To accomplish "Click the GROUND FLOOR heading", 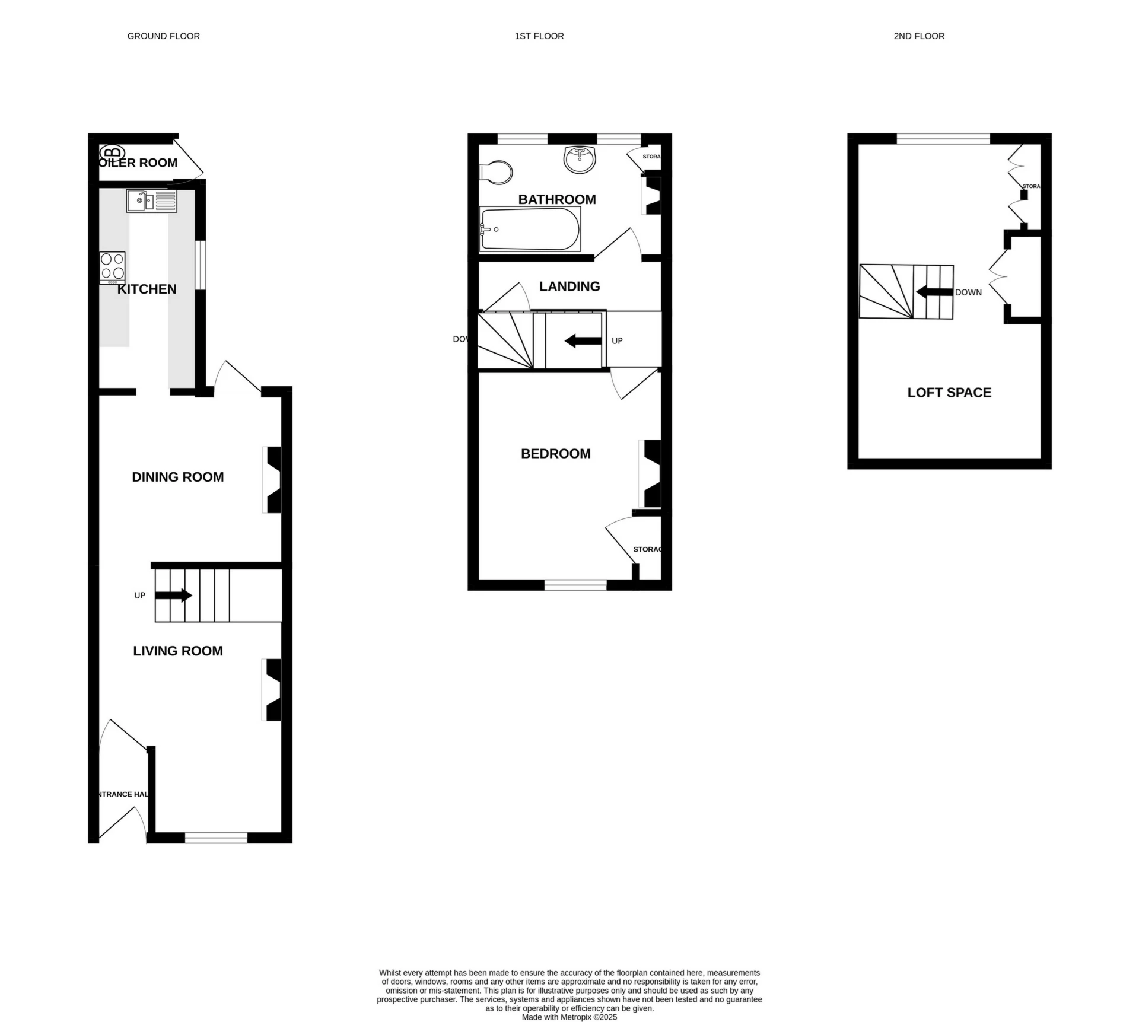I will click(x=163, y=36).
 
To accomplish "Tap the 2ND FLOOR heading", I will click(x=918, y=36).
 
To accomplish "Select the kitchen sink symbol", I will click(x=151, y=201).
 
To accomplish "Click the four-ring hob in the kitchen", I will click(x=112, y=266).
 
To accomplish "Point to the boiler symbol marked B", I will click(x=112, y=152).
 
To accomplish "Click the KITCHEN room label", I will click(x=147, y=289).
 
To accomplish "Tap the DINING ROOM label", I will click(x=177, y=477).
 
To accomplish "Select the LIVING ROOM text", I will click(x=177, y=651).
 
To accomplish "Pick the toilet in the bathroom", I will click(x=495, y=173).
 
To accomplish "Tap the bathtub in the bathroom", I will click(x=529, y=229).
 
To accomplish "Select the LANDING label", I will click(x=569, y=286).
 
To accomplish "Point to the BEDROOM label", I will click(x=555, y=454).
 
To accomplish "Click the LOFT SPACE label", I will click(x=949, y=393).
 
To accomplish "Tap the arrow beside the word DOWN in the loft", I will click(x=934, y=292).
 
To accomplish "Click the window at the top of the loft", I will click(x=943, y=139).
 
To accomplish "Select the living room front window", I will click(x=216, y=838).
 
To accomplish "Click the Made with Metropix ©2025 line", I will click(x=569, y=1017).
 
